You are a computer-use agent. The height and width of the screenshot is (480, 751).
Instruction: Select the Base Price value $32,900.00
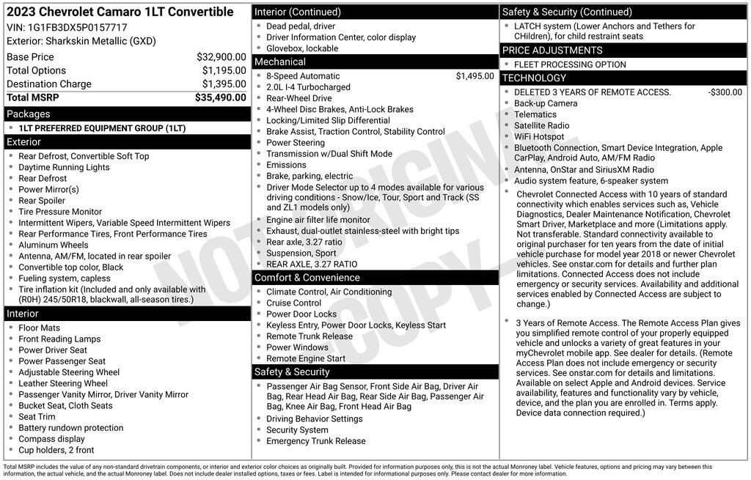[221, 57]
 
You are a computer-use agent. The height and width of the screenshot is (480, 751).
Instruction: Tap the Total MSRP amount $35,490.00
[220, 97]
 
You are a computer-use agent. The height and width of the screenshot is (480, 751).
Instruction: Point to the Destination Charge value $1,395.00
[224, 84]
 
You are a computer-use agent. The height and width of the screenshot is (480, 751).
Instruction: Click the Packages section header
[29, 114]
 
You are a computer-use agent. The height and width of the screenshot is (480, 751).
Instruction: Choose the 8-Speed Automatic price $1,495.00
[475, 76]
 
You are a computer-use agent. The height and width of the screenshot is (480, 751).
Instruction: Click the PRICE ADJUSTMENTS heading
[552, 51]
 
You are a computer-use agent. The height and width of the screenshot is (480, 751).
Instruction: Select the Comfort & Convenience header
[307, 278]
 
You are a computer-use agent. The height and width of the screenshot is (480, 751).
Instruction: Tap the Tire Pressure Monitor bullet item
[60, 212]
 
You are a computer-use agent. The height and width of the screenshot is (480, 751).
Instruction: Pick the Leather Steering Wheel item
[63, 383]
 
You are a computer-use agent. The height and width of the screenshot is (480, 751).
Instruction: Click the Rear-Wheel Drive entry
[298, 98]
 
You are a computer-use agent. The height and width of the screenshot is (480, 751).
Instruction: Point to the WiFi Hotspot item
[539, 137]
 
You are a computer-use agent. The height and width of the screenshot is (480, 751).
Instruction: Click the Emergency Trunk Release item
[315, 441]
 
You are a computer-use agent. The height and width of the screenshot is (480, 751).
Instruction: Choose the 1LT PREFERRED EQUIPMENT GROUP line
[102, 128]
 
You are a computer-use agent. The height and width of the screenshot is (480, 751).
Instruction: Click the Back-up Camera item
[546, 103]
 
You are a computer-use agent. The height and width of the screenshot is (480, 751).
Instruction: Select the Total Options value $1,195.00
[224, 70]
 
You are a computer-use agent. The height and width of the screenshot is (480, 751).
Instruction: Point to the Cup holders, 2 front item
[56, 450]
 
